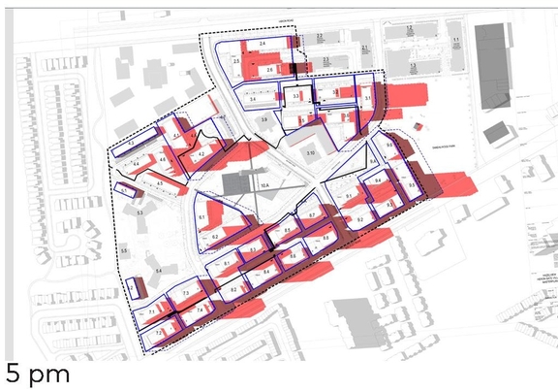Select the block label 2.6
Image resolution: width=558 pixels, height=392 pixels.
(x=268, y=71)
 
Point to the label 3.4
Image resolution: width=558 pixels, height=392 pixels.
(x=252, y=99)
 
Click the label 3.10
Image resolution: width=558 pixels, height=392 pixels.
(x=310, y=154)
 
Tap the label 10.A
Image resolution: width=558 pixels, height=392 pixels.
(x=263, y=180)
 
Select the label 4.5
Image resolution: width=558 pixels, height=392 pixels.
(x=158, y=181)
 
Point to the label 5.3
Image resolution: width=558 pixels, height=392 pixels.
(x=139, y=212)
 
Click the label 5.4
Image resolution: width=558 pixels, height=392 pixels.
(x=158, y=270)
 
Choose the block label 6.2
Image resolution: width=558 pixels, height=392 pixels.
(x=215, y=236)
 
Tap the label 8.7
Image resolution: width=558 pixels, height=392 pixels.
(x=312, y=214)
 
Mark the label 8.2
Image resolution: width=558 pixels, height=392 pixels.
(x=234, y=289)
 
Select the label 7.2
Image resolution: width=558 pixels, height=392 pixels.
(x=158, y=333)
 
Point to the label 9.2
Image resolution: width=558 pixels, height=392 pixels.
(x=359, y=219)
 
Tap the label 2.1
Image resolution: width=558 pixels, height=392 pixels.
(x=365, y=47)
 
